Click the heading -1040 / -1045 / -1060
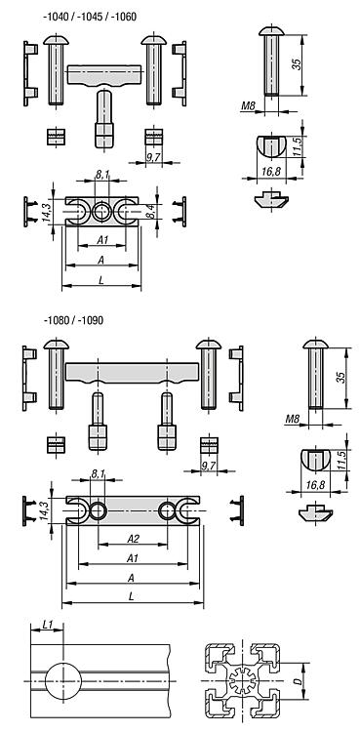click(90, 17)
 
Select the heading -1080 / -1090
click(73, 320)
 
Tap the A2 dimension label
click(133, 539)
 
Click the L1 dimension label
click(48, 624)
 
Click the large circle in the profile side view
click(63, 681)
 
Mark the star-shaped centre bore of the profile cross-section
click(242, 681)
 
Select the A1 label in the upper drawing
click(102, 239)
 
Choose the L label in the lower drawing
click(132, 595)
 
